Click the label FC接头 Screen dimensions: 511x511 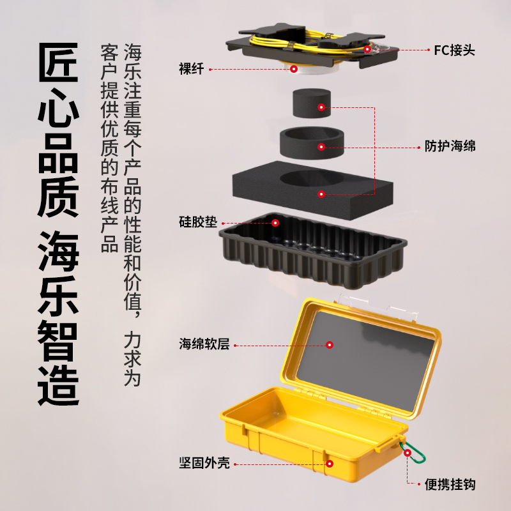454,50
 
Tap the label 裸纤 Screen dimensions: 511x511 191,69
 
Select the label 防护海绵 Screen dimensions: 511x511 450,146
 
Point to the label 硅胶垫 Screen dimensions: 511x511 198,222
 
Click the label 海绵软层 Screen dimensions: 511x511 204,344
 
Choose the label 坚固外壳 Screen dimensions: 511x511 204,462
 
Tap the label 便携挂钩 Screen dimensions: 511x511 450,485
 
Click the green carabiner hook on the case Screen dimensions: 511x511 414,452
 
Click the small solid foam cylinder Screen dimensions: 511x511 312,103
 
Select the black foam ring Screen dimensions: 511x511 312,143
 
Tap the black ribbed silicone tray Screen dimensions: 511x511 312,249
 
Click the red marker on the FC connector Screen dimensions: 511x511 367,49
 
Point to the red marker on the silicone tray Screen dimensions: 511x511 275,223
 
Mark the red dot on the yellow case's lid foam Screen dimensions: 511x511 330,345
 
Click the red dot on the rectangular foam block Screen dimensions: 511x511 321,194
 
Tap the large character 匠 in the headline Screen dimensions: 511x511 58,62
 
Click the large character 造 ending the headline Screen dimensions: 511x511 58,387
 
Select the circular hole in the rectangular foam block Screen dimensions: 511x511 312,178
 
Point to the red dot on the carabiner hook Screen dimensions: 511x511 408,453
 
